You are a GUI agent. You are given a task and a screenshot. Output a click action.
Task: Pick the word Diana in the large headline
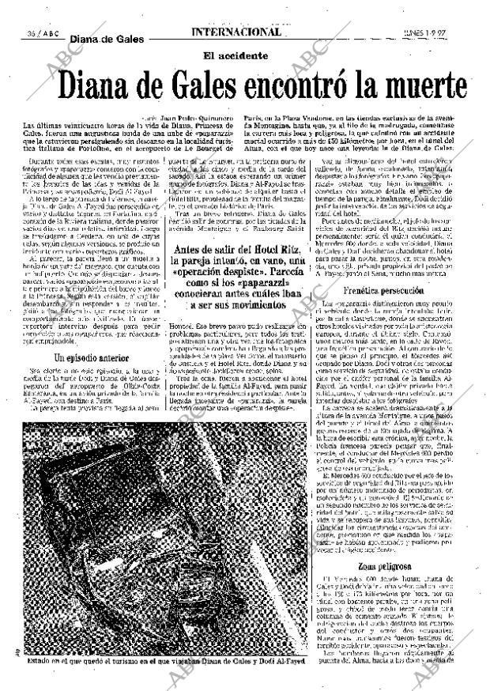(92, 85)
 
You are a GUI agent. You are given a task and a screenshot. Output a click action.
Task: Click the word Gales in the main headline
(192, 85)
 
